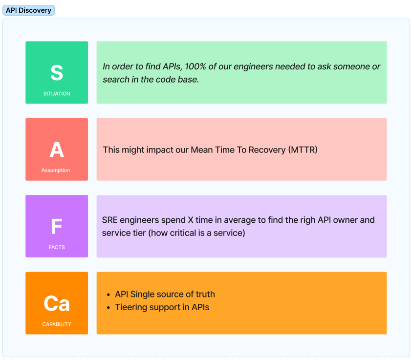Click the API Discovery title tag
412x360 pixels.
[28, 10]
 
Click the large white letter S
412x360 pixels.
[57, 73]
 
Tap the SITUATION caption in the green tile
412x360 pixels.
[57, 94]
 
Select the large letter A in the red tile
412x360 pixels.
[57, 149]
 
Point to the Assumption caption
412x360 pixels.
[56, 170]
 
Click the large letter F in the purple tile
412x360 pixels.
[57, 227]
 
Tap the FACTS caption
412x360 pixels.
[57, 247]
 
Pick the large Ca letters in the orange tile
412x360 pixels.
[57, 303]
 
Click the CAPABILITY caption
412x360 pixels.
[57, 324]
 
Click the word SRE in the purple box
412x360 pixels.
[110, 220]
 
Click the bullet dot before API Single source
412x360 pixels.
[108, 295]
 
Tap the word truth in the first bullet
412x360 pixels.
[204, 294]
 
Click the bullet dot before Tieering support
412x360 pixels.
[108, 308]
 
